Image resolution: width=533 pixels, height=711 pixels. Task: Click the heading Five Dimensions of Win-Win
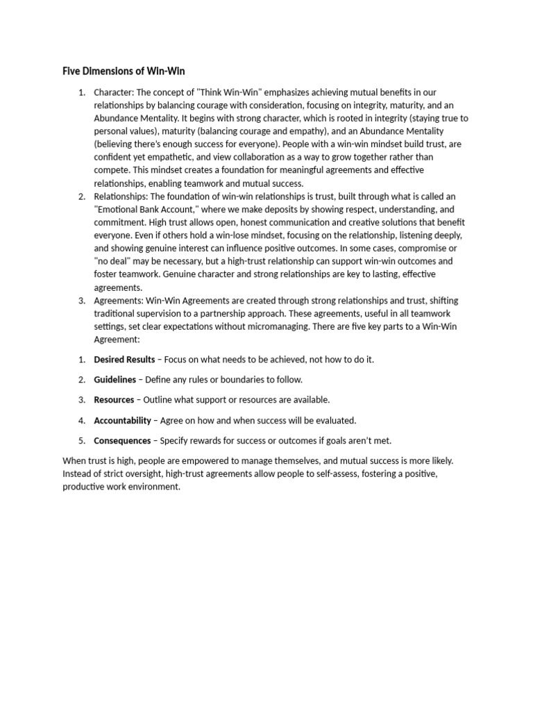(x=124, y=71)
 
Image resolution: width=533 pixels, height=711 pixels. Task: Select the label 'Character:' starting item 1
(x=114, y=92)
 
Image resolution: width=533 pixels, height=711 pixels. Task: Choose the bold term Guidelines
(x=115, y=380)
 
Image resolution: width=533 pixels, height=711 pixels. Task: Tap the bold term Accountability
(x=122, y=420)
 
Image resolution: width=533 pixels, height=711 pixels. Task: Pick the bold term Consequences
(x=122, y=440)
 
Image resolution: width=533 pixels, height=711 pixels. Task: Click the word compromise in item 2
(x=432, y=249)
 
